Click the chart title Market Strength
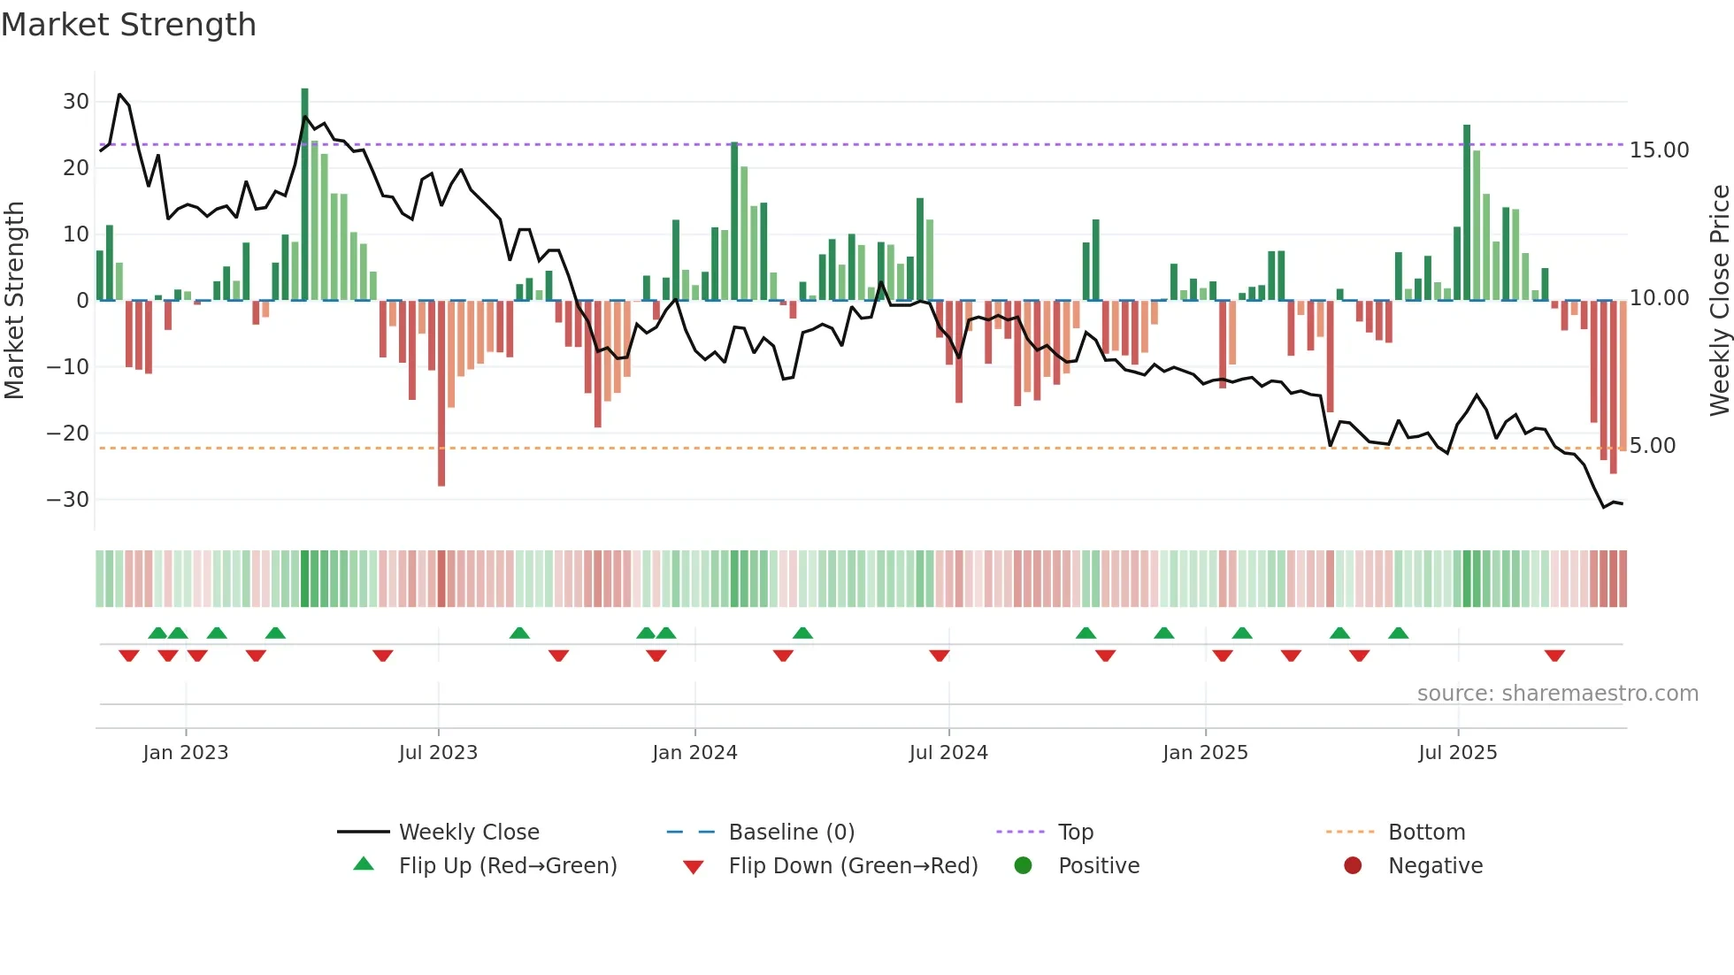coord(128,25)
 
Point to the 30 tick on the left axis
coord(76,102)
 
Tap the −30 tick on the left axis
coord(68,500)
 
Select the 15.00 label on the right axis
coord(1659,150)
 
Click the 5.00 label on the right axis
coord(1653,446)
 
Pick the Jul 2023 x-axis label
coord(438,753)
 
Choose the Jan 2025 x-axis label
coord(1205,753)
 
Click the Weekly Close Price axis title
coord(1719,301)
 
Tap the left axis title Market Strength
coord(15,301)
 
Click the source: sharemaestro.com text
coord(1557,694)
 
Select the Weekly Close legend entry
coord(468,833)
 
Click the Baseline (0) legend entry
coord(791,833)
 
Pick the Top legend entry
coord(1075,833)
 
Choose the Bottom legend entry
coord(1426,833)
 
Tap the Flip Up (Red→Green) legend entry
coord(507,866)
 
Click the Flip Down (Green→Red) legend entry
coord(852,866)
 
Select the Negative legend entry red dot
coord(1353,865)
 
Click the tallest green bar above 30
coord(305,195)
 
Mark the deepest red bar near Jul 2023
coord(441,394)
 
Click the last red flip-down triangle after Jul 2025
coord(1554,656)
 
